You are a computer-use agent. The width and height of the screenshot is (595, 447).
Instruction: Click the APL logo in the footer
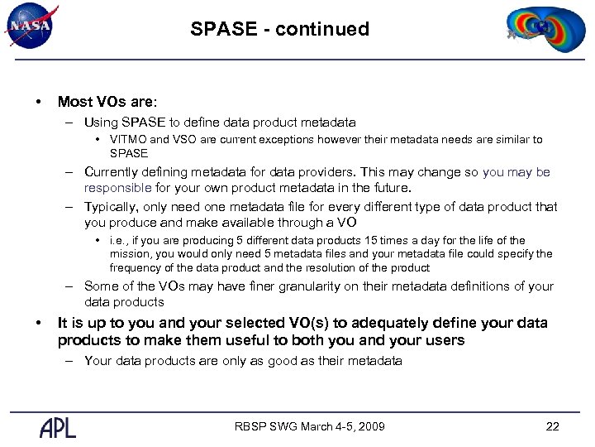pos(58,427)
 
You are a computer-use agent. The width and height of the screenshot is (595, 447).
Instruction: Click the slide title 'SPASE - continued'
pos(279,29)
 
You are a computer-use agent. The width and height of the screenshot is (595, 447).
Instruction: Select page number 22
pos(553,427)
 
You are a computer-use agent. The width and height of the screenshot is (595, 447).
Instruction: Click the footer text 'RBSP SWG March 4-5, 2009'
pos(311,427)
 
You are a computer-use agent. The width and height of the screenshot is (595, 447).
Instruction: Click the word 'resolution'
pos(345,267)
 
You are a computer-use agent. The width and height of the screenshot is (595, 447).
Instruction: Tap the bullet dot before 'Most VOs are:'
pos(38,102)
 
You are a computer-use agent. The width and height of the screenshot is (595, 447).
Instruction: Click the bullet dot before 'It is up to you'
pos(38,323)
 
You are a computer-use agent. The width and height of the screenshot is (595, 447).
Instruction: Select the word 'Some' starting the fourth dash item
pos(102,286)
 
